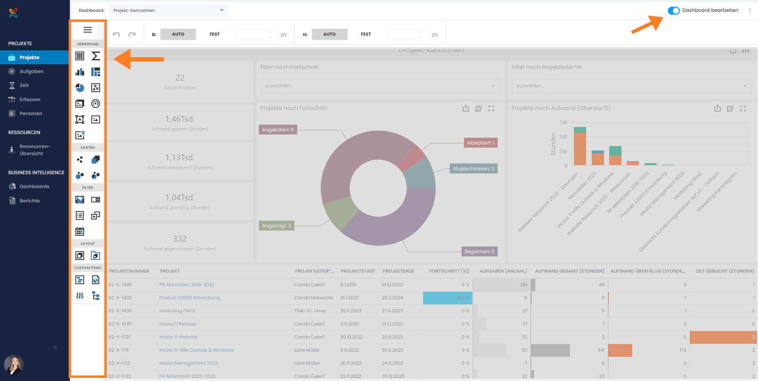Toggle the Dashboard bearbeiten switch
point(673,11)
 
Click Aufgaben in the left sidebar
point(31,71)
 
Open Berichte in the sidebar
point(29,201)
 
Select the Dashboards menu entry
point(34,187)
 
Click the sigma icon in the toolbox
point(96,56)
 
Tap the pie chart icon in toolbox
point(80,88)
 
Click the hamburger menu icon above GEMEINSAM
point(88,30)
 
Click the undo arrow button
point(116,35)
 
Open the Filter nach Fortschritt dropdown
point(380,86)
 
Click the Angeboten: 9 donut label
point(278,130)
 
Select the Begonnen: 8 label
point(479,252)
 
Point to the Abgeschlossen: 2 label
point(473,169)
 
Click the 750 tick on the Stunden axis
point(563,123)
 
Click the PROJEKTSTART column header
point(358,271)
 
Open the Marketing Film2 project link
point(177,311)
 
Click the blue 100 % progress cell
point(448,298)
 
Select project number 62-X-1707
point(120,337)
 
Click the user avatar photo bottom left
point(14,365)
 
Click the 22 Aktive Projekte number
point(180,78)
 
